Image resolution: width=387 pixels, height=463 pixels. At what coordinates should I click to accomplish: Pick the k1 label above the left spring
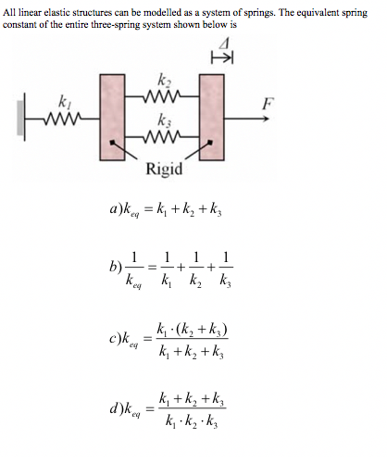point(63,97)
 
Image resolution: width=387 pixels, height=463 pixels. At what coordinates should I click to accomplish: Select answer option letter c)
point(117,342)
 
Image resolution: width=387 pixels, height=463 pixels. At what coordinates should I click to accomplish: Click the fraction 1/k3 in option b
point(227,269)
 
